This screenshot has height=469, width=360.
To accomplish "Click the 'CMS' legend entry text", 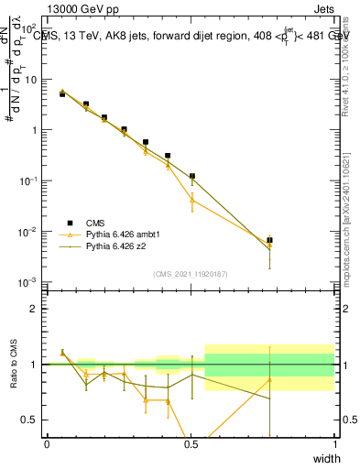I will point(95,223).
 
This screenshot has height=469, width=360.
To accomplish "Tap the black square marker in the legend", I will point(71,223).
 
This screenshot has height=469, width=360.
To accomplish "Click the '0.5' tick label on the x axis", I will point(191,444).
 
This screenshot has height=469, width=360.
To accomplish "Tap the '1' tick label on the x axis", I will point(335,444).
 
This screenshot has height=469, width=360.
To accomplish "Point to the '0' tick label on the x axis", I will point(47,444).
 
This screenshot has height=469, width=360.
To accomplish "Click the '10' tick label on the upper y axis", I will point(33,80).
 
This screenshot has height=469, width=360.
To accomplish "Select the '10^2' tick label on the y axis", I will point(33,29).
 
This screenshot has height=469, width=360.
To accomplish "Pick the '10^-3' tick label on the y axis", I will point(33,282).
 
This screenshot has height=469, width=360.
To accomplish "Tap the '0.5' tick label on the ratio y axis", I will point(33,420).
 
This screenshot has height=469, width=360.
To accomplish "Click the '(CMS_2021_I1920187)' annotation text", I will point(191,273).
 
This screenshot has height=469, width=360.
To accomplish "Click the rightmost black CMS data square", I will point(269,240).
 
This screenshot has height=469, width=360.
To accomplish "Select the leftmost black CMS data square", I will point(62,93).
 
